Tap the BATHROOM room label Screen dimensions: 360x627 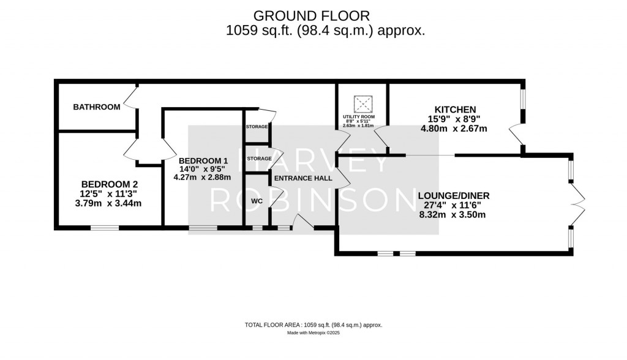(97, 107)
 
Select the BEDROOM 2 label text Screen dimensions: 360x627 (110, 184)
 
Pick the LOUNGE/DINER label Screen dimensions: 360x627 (454, 195)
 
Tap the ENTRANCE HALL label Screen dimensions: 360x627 (303, 178)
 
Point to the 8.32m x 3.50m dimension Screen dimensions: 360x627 (452, 214)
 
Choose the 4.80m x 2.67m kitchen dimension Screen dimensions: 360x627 (454, 129)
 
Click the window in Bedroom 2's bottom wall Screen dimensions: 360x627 (105, 229)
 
